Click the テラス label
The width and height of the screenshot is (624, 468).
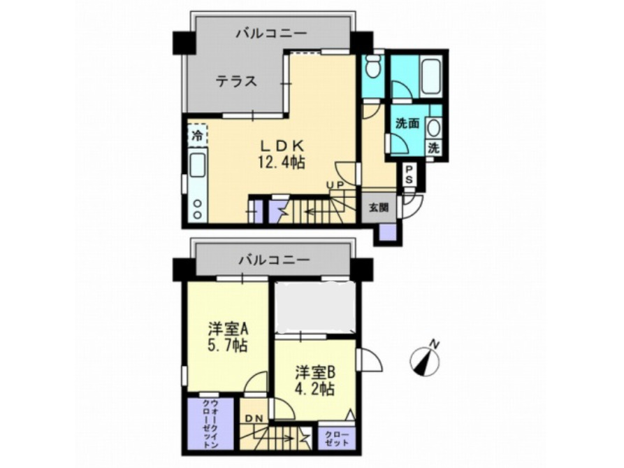[235, 82]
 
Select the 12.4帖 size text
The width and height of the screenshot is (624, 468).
[282, 162]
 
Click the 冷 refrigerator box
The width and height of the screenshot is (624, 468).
[197, 135]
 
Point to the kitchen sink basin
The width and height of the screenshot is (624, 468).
[198, 166]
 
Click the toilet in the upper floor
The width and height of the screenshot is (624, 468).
[372, 68]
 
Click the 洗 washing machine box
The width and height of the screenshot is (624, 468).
[433, 148]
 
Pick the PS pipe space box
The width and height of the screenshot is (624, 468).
[409, 175]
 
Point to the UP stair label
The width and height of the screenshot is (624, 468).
[336, 185]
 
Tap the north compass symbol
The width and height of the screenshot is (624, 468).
[425, 361]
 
